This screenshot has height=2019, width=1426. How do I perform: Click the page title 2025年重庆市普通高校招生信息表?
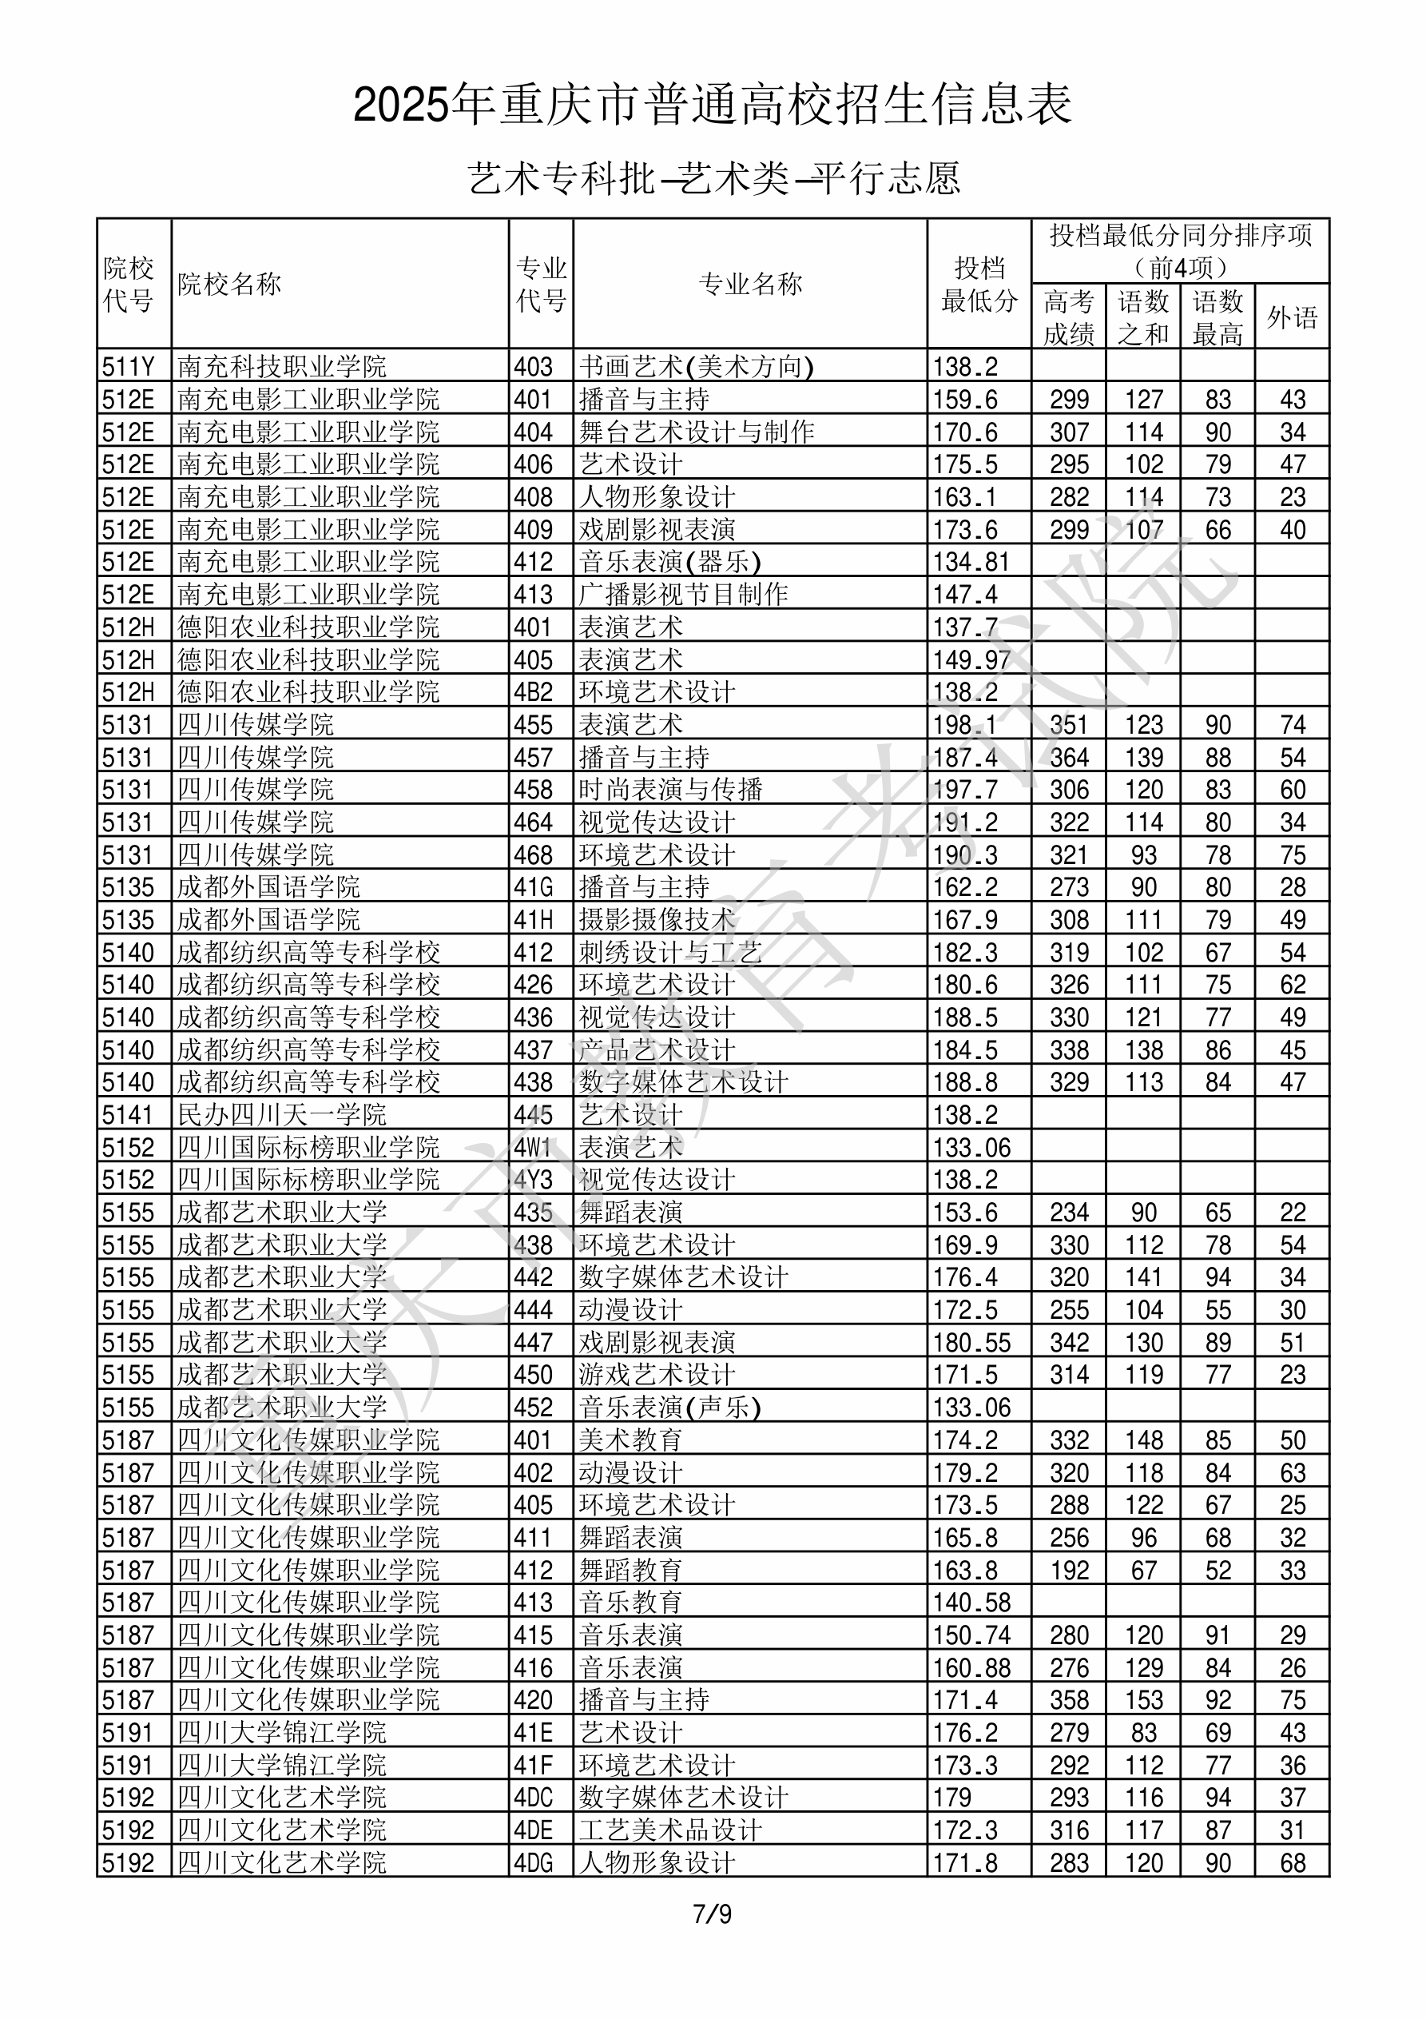[x=712, y=106]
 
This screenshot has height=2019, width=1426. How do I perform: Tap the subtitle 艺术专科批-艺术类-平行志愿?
[x=713, y=178]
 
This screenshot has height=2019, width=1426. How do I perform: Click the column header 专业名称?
[x=750, y=284]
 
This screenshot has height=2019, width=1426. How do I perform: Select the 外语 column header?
[x=1292, y=317]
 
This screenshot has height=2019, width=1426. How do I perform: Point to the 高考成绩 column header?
[x=1068, y=317]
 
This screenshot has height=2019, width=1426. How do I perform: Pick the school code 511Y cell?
[x=129, y=367]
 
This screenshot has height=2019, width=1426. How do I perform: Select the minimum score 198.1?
[x=964, y=725]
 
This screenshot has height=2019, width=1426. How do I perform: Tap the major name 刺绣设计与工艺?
[x=670, y=952]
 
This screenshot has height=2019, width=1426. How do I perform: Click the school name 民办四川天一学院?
[x=281, y=1115]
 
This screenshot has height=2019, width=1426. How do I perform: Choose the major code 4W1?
[x=533, y=1148]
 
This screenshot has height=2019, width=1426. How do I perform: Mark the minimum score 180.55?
[x=971, y=1343]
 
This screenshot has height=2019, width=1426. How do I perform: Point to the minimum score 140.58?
[x=971, y=1603]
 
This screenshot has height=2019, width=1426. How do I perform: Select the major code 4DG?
[x=534, y=1862]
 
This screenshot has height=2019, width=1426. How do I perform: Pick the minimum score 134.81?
[x=971, y=562]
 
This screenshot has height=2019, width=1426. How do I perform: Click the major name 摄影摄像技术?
[x=657, y=920]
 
